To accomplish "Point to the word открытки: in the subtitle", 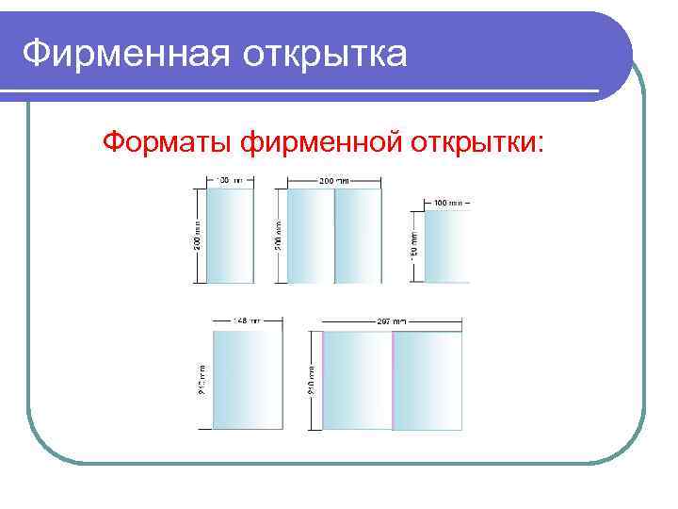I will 476,142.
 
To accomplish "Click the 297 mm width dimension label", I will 392,320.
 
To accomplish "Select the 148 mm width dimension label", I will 248,320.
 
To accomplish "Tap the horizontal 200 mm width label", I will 332,179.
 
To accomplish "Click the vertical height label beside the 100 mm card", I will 414,247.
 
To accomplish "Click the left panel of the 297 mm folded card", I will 358,380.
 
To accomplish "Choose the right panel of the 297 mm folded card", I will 428,380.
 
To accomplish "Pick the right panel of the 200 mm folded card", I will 358,236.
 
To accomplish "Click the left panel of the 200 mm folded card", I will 311,236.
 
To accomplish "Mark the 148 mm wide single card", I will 248,380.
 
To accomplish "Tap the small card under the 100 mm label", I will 446,247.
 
